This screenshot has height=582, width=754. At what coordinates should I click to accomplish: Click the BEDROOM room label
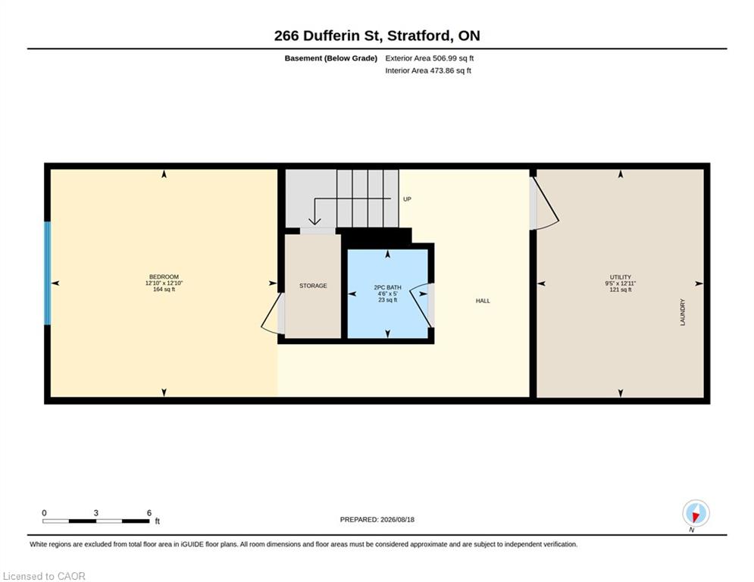[164, 277]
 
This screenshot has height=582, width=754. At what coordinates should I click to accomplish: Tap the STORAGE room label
[313, 286]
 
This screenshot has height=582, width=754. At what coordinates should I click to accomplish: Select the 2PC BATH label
[387, 287]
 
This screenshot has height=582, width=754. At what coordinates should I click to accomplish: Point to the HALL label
[483, 301]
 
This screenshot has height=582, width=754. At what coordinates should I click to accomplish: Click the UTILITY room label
[621, 277]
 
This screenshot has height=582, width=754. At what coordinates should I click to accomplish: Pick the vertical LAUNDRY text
[682, 312]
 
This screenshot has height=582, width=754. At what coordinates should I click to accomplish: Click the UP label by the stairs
[407, 199]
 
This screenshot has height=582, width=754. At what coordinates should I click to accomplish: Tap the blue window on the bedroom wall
[47, 274]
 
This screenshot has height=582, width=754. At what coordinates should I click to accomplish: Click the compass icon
[696, 513]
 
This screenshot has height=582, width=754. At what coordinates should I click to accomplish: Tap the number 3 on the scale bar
[96, 513]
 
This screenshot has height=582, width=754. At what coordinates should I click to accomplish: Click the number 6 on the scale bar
[149, 513]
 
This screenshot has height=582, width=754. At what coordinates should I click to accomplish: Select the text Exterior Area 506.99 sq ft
[430, 58]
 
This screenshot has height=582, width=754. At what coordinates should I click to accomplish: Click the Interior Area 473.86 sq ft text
[428, 70]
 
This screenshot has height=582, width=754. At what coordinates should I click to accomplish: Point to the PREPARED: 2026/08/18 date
[377, 519]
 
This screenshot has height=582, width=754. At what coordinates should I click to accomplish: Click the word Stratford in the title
[419, 36]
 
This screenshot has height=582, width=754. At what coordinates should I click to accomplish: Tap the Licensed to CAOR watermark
[44, 576]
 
